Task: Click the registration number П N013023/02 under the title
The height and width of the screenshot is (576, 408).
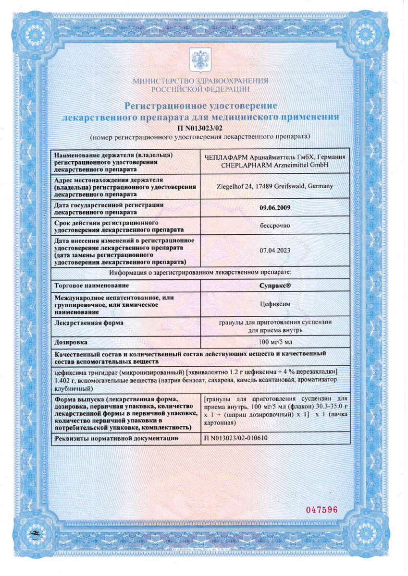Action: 200,128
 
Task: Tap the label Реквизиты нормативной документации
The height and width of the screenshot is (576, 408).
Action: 117,438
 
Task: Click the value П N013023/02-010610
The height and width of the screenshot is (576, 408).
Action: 236,438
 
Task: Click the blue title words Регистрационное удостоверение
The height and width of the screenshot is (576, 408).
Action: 200,105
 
